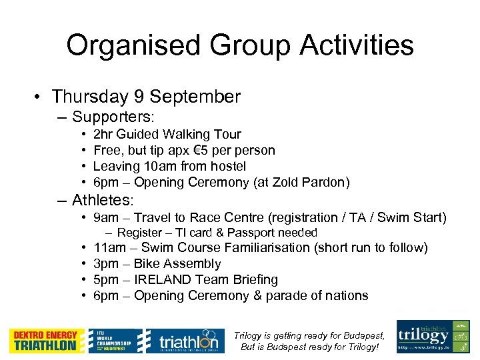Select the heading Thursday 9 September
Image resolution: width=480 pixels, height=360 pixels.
coord(146,97)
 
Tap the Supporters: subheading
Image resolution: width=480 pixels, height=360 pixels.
coord(113,117)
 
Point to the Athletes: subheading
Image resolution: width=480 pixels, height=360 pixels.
coord(103,199)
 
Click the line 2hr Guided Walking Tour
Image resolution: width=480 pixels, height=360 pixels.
coord(167,134)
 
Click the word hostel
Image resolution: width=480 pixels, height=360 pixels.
coord(228,166)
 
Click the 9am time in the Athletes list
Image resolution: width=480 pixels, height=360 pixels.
coord(105,217)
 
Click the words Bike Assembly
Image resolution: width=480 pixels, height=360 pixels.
coord(177,263)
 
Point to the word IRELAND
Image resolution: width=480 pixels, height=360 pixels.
coord(164,279)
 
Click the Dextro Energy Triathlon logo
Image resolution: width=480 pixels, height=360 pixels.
coord(47,340)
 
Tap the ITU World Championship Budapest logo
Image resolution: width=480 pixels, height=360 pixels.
coord(116,340)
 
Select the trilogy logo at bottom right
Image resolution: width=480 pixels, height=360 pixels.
coord(433,336)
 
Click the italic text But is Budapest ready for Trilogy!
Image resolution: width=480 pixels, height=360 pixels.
coord(309,347)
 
